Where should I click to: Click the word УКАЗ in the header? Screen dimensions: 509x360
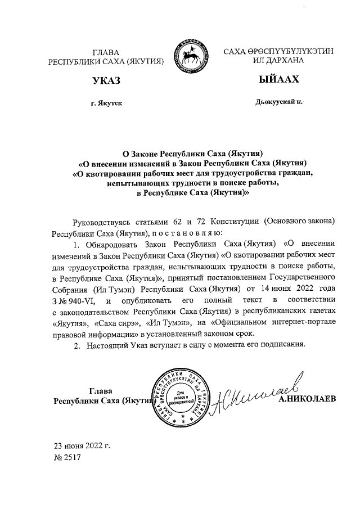pyautogui.click(x=106, y=81)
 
